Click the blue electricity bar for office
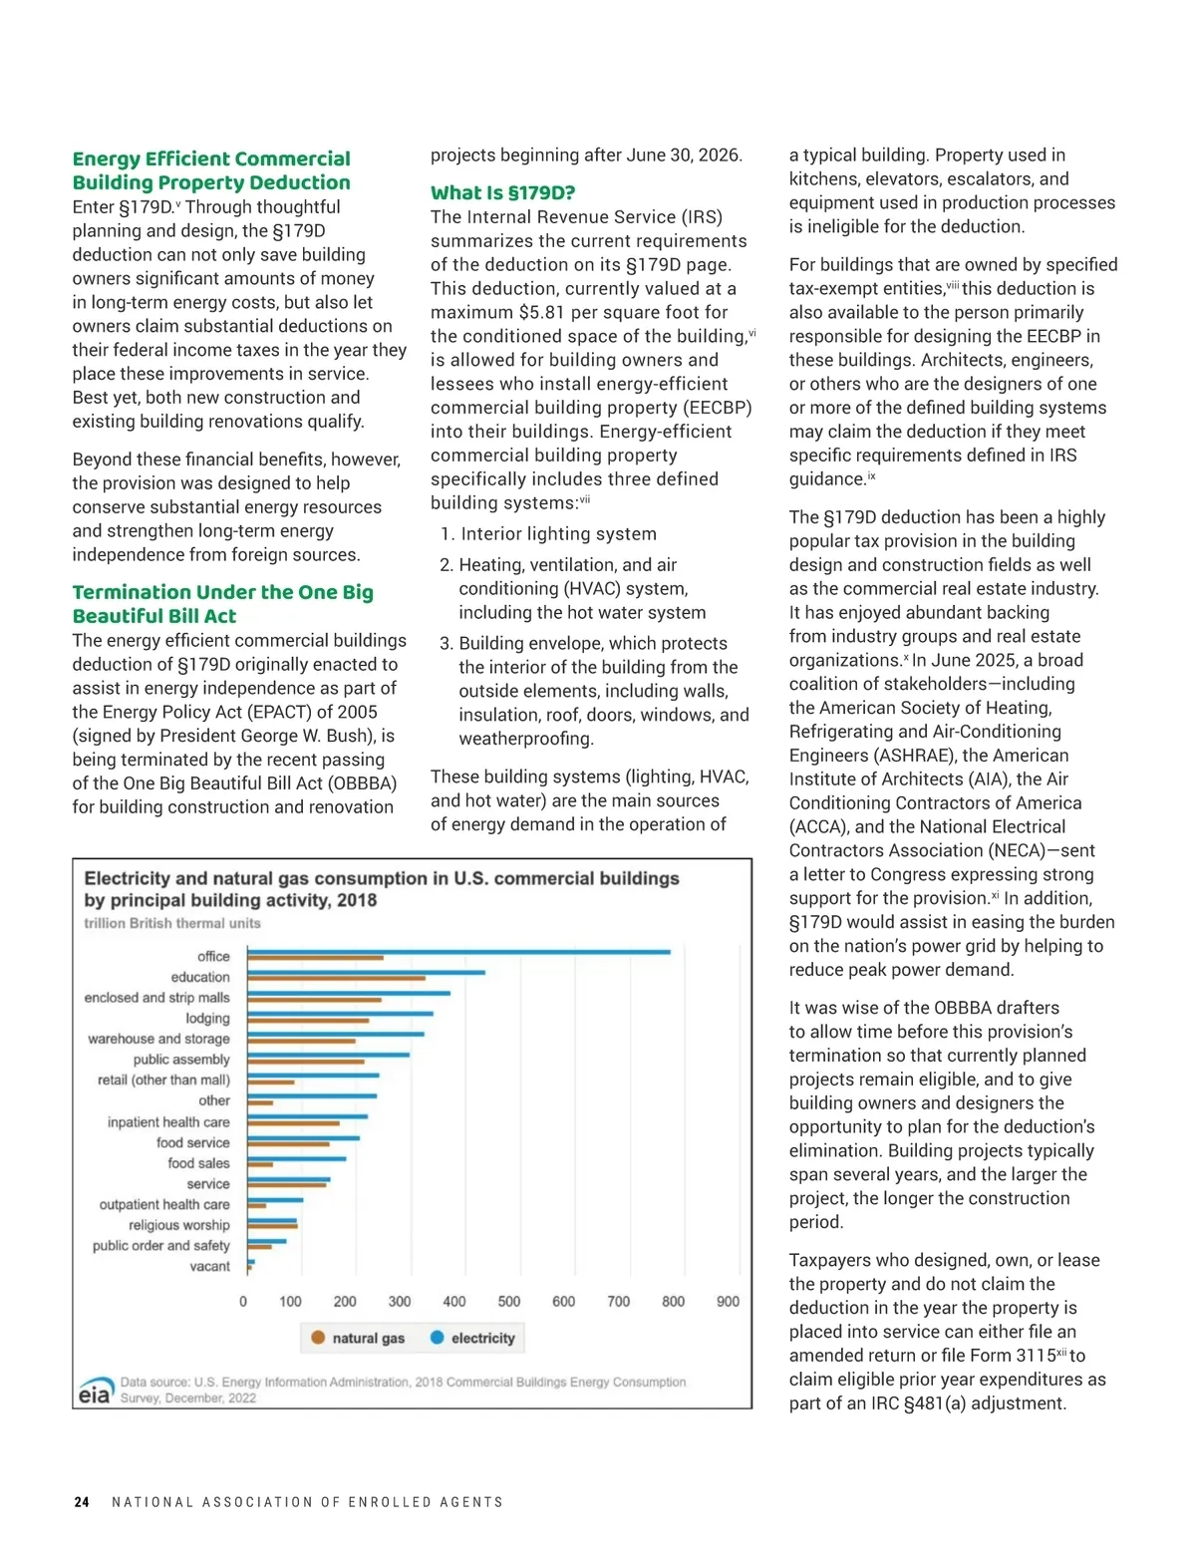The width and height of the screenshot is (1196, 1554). click(458, 952)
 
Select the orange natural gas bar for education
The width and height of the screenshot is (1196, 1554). click(337, 978)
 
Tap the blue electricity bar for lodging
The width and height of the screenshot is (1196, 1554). click(340, 1014)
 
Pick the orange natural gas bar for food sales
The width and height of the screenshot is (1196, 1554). click(260, 1164)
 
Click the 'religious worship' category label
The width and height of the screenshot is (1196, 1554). click(179, 1225)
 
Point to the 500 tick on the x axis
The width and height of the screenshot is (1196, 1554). click(508, 1302)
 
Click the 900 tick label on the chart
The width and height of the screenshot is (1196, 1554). click(728, 1302)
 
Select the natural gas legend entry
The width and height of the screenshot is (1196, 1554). click(358, 1338)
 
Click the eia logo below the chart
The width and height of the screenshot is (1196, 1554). click(95, 1394)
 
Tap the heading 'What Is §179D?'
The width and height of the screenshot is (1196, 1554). click(502, 192)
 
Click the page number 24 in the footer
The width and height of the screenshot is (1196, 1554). click(82, 1502)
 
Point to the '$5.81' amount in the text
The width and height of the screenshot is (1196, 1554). click(542, 312)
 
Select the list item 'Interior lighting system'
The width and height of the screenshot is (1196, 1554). click(558, 534)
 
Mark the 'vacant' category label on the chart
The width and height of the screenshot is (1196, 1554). click(209, 1267)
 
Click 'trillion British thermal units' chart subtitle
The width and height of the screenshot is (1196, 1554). click(172, 923)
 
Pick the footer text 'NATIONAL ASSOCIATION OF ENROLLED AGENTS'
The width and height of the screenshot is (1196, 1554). click(307, 1502)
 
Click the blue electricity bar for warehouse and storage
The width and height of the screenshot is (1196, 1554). click(336, 1034)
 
